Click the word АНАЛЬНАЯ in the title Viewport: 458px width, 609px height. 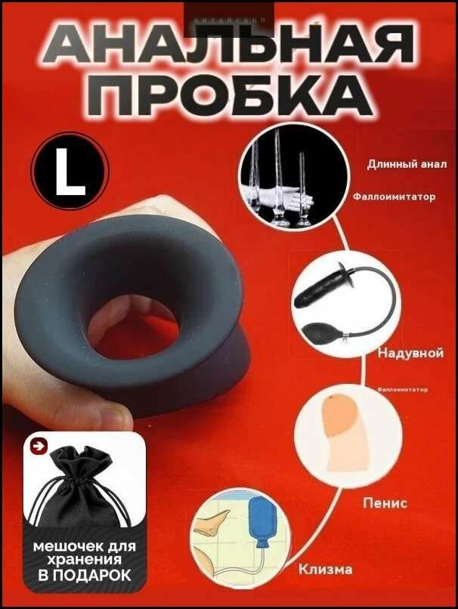230,48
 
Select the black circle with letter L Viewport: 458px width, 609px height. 70,170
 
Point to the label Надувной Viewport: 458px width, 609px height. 410,353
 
